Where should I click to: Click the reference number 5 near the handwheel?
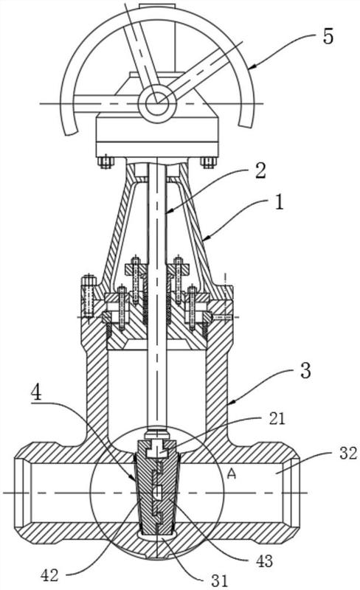(x=328, y=36)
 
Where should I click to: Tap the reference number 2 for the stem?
(x=259, y=170)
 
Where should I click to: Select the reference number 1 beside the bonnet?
(x=279, y=202)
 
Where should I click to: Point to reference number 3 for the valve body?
(x=305, y=370)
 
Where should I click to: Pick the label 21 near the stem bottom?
(x=277, y=419)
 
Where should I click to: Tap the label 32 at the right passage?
(x=347, y=454)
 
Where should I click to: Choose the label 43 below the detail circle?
(x=264, y=561)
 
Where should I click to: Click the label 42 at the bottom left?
(x=50, y=575)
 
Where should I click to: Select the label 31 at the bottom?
(x=220, y=581)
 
